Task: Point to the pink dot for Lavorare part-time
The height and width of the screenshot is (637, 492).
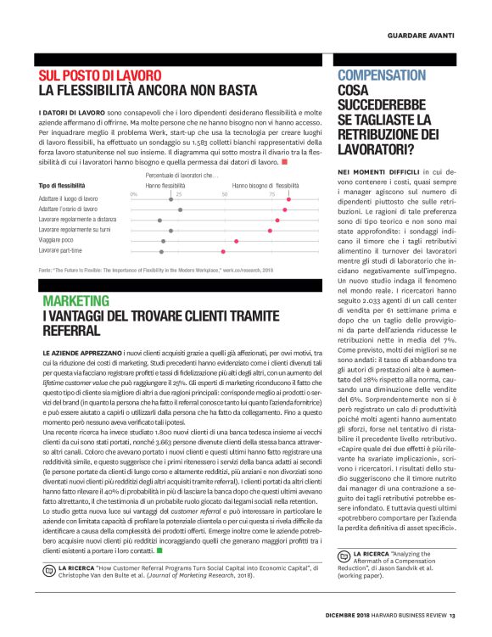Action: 223,251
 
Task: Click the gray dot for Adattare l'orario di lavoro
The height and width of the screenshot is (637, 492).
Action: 180,209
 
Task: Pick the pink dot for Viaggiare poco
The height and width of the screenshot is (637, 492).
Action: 237,241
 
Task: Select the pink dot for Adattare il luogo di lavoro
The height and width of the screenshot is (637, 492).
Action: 288,198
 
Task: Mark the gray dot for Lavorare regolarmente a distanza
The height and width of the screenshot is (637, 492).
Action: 160,220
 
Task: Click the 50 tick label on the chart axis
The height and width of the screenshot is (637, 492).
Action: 225,193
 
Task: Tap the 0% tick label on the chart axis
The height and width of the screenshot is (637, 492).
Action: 134,193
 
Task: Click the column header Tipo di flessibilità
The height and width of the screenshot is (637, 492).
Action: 62,184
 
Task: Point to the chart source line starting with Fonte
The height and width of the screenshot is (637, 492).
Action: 156,269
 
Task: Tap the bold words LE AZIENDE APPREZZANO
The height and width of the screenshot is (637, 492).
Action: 75,350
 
